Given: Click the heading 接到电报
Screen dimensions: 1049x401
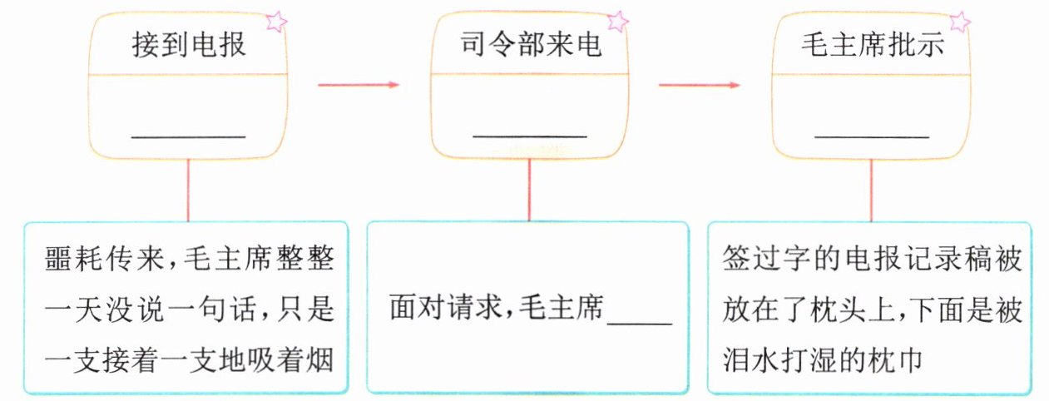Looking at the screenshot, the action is (189, 45).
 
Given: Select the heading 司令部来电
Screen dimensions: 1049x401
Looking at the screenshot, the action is (531, 45).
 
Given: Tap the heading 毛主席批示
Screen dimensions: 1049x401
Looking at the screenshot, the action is (873, 45).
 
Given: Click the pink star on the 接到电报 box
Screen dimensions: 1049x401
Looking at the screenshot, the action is (276, 22).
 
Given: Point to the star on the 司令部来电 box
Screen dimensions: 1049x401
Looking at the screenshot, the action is (618, 22).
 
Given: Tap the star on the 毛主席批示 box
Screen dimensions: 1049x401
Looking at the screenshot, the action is (960, 22).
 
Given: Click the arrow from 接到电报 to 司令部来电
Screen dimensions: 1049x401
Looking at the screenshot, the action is (359, 85).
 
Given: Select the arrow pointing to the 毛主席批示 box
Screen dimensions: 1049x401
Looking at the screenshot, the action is (699, 85).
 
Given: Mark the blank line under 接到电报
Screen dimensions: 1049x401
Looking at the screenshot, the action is (189, 136).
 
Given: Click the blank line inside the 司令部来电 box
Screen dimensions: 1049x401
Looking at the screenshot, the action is (530, 136).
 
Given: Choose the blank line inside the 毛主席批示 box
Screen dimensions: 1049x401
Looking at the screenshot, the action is (872, 136).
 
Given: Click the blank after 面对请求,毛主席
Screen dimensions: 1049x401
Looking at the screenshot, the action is (640, 324).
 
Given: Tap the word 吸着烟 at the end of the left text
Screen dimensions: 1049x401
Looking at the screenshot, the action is (291, 360).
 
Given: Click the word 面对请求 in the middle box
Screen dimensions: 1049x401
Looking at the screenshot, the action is (448, 308).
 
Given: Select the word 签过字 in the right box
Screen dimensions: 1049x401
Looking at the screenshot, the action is (765, 258).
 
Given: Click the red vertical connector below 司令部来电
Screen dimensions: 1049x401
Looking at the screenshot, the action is (530, 190).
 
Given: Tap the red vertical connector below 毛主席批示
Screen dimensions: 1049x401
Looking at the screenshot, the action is (872, 190).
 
